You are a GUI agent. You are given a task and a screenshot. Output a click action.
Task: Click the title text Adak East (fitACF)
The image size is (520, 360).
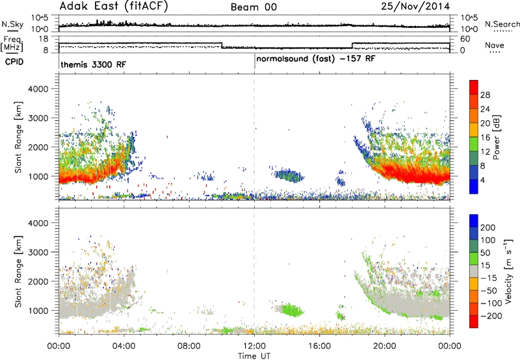(x=114, y=6)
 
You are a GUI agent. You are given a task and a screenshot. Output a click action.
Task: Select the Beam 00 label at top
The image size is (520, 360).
(x=253, y=7)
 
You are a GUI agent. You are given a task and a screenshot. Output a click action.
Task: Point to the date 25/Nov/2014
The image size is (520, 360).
(x=415, y=6)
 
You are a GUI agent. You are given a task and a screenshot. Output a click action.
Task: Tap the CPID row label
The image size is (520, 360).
(x=14, y=62)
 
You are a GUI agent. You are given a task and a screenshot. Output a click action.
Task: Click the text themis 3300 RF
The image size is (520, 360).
(x=93, y=64)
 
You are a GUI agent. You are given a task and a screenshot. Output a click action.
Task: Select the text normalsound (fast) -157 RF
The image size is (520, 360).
(x=316, y=59)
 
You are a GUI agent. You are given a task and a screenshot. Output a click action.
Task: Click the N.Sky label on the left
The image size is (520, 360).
(x=12, y=24)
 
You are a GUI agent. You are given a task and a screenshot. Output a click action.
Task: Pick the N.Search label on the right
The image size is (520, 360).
(x=502, y=24)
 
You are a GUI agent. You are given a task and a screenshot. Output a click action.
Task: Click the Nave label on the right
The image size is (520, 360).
(x=495, y=45)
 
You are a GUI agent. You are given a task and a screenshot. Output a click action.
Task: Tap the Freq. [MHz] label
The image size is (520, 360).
(x=12, y=44)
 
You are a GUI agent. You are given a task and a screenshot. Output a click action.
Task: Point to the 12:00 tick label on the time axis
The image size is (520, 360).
(x=254, y=346)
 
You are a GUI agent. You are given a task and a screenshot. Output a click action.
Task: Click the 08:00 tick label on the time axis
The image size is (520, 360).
(x=189, y=346)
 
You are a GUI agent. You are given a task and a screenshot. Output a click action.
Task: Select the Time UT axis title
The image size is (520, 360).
(x=254, y=356)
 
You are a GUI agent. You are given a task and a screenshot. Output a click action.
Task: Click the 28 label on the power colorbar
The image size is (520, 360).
(x=485, y=95)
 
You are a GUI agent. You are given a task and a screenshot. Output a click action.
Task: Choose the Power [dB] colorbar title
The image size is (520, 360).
(x=497, y=137)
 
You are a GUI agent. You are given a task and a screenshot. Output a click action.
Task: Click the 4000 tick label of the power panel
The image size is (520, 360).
(x=38, y=89)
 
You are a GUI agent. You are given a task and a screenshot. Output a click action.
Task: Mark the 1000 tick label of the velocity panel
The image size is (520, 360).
(x=38, y=311)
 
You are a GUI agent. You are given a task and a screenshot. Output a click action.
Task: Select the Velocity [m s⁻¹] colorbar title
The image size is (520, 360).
(x=508, y=271)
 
